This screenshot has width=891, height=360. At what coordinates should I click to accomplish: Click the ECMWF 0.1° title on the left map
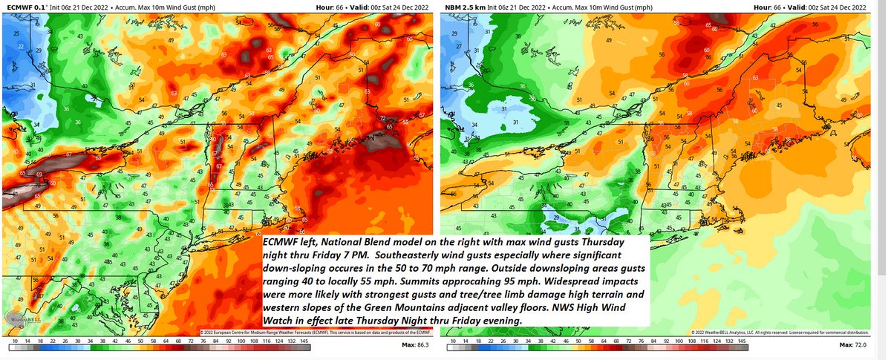pyautogui.click(x=25, y=5)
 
